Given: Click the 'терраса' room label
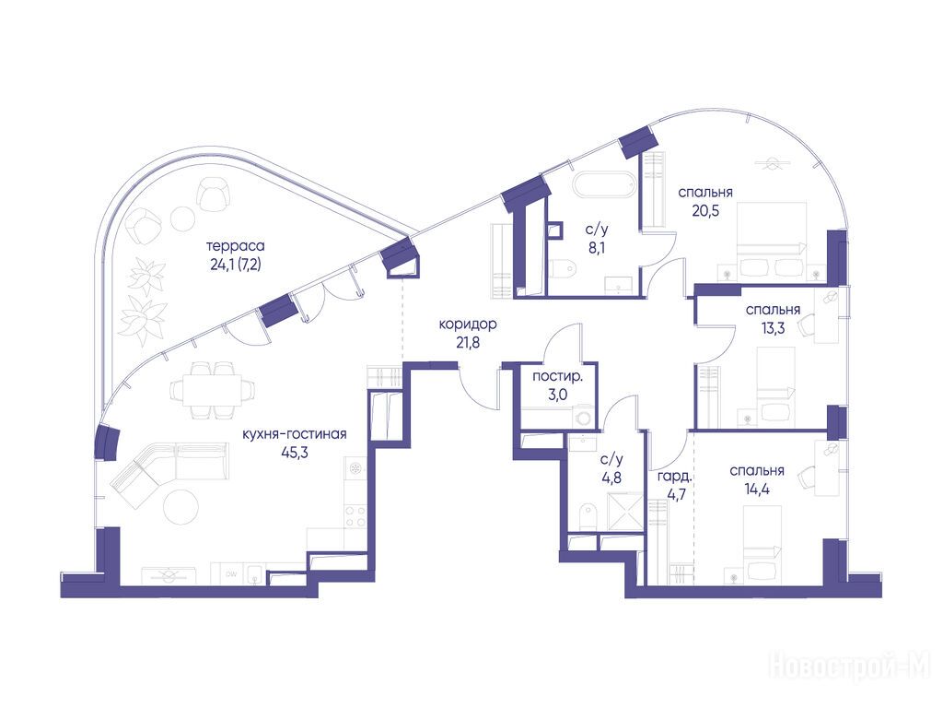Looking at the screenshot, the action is (235, 246).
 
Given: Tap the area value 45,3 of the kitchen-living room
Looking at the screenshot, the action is (295, 453).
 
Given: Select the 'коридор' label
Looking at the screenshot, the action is (468, 324).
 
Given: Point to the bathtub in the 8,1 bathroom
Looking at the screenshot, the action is (603, 184).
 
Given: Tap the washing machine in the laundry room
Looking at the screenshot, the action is (583, 417).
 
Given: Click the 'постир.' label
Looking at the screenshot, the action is (557, 378).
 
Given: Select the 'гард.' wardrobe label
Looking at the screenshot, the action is (674, 478).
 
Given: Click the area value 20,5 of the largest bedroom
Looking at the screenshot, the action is (705, 211).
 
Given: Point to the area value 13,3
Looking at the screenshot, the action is (773, 329).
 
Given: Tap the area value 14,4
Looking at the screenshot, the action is (757, 490).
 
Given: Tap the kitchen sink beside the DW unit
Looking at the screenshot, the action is (254, 574).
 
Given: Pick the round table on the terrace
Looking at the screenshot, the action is (181, 218).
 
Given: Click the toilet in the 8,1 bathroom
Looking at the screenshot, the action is (564, 268).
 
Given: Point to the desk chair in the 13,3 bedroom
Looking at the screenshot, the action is (806, 325).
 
